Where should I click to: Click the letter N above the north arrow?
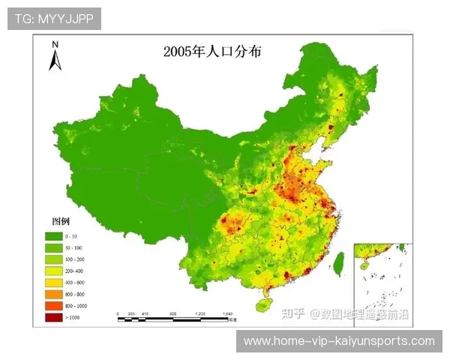[x=55, y=44]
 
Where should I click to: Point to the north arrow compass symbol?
[x=55, y=60]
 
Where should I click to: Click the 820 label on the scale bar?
[x=172, y=313]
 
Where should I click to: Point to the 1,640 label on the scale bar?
[x=228, y=313]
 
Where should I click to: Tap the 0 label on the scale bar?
[x=118, y=313]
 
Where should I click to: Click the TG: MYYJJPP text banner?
[x=54, y=19]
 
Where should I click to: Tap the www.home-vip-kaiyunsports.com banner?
[x=339, y=341]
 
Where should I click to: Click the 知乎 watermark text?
[x=292, y=313]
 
